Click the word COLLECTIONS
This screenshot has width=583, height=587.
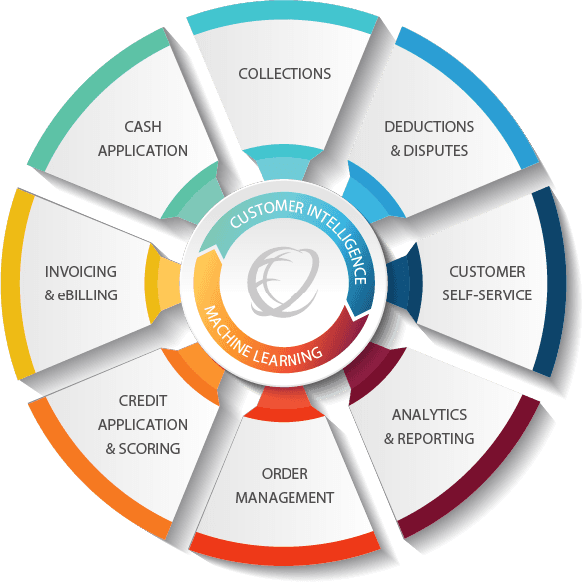[x=285, y=74]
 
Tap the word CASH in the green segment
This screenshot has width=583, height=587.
[x=143, y=127]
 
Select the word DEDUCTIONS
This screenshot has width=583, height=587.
[x=429, y=127]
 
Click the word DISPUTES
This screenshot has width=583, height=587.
[x=436, y=151]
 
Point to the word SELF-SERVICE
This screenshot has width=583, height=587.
[x=487, y=295]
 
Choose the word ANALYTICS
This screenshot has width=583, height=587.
[x=430, y=415]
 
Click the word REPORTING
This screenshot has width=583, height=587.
[x=436, y=439]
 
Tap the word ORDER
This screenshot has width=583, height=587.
[x=285, y=474]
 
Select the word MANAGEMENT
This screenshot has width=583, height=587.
[x=285, y=498]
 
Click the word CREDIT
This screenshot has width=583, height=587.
[x=143, y=401]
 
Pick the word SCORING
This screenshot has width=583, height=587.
[x=149, y=449]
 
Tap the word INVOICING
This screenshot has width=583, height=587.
[x=81, y=272]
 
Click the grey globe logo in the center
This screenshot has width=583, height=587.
[x=284, y=282]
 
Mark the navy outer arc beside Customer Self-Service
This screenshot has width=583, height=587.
[x=551, y=281]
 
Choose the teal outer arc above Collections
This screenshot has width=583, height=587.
[x=284, y=20]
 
